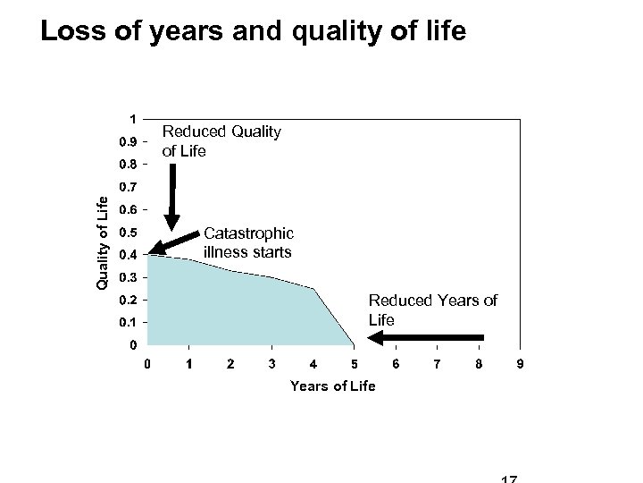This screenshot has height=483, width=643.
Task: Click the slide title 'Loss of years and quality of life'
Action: click(253, 32)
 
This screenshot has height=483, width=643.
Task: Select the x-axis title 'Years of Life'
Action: click(333, 386)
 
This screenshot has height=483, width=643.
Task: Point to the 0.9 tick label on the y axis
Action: click(128, 142)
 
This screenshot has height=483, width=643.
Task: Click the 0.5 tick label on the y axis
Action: click(128, 233)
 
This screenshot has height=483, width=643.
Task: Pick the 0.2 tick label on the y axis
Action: click(128, 300)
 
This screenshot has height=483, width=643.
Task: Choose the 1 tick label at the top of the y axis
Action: click(132, 118)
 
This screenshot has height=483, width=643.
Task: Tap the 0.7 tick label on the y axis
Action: click(128, 188)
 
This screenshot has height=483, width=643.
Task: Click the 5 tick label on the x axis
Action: click(355, 364)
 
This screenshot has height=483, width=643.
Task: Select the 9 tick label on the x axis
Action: click(520, 364)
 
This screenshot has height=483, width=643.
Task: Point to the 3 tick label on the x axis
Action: click(271, 364)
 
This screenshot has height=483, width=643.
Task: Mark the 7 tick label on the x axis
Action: click(437, 364)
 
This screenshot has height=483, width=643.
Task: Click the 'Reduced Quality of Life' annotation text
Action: click(221, 141)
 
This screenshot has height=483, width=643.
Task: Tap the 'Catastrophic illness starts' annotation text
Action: click(247, 243)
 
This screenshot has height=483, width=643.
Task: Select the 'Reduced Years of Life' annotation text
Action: click(433, 309)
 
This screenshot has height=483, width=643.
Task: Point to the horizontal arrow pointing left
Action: click(427, 338)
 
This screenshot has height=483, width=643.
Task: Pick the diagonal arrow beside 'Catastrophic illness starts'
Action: click(176, 242)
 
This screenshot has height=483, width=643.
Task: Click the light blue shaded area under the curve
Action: click(232, 309)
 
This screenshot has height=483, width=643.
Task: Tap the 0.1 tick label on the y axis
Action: click(128, 322)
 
